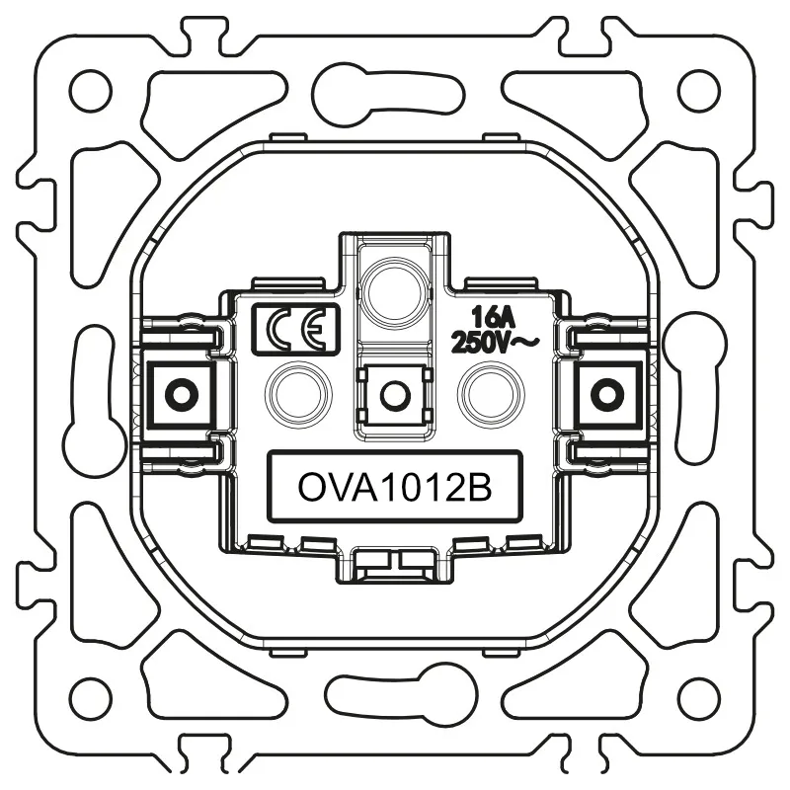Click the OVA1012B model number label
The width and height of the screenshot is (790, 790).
(395, 487)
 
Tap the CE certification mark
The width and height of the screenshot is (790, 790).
(295, 329)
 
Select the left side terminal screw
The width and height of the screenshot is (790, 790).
(180, 395)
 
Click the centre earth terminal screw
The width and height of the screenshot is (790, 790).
(395, 396)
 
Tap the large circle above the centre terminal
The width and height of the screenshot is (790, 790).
(395, 291)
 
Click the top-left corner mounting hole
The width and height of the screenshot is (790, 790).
(90, 91)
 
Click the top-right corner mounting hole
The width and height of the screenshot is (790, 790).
(698, 91)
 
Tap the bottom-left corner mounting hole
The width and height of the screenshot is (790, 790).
(90, 697)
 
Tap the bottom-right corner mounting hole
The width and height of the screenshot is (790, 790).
(698, 697)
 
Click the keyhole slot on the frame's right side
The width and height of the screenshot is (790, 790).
(693, 387)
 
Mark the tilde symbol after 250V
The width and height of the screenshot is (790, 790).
(523, 342)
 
